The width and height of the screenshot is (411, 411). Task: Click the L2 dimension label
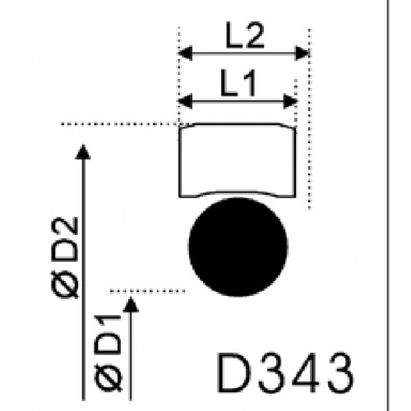click(245, 35)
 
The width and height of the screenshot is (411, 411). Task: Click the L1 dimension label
click(238, 83)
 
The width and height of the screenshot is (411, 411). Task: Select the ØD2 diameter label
click(65, 257)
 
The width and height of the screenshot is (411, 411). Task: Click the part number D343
click(285, 373)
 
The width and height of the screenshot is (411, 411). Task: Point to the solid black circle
click(238, 247)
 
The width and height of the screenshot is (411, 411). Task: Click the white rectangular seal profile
click(238, 160)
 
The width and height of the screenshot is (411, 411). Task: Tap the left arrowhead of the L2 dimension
click(185, 53)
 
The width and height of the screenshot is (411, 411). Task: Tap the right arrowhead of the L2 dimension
click(302, 53)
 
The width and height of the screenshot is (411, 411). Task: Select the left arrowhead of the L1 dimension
click(185, 101)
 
